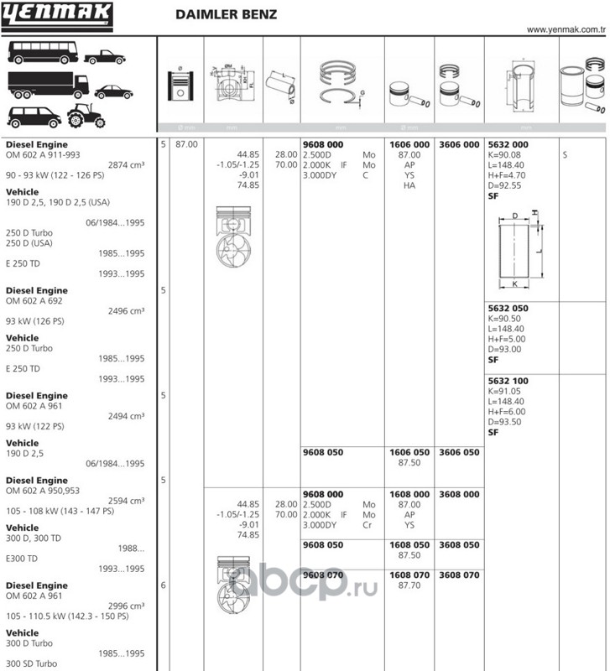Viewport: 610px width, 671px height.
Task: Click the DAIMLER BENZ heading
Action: [226, 16]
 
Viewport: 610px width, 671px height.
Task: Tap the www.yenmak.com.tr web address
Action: [566, 29]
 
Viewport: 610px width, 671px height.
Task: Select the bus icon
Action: [42, 53]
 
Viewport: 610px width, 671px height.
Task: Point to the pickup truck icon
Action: [104, 57]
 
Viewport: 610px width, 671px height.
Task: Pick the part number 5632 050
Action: [508, 308]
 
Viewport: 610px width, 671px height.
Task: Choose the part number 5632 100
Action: [508, 381]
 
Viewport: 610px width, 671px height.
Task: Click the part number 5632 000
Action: [508, 144]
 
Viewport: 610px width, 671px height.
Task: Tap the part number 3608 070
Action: [459, 575]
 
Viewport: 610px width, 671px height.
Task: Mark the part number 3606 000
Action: [459, 144]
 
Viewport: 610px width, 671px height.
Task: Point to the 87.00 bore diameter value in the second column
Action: [185, 144]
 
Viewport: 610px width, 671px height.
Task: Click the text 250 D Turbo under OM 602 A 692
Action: [29, 348]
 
